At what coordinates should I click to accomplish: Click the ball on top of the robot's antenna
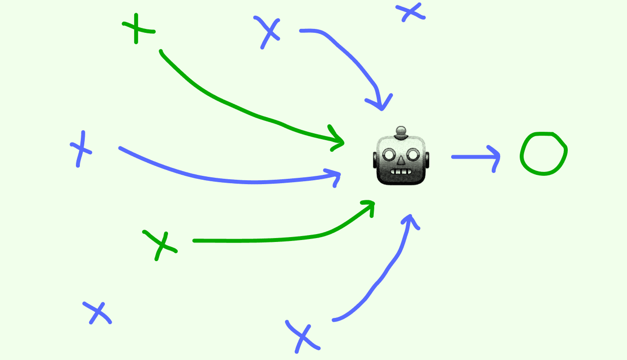tap(401, 131)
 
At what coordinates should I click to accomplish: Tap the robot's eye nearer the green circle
tap(413, 155)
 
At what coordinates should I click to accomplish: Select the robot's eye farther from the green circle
tap(389, 155)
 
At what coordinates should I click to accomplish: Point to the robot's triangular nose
tap(401, 160)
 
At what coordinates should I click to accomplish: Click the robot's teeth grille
tap(401, 171)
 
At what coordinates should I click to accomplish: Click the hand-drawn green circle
tap(543, 153)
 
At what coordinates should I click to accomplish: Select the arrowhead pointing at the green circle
tap(496, 157)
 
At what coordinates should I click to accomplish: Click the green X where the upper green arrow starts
tap(138, 28)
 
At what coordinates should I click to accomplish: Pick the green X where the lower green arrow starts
tap(160, 243)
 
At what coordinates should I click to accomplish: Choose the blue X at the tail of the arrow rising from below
tap(302, 336)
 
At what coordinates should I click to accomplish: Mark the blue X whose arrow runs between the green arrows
tap(80, 148)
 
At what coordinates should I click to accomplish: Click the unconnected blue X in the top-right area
tap(410, 12)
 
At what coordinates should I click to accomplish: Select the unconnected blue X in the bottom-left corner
tap(97, 312)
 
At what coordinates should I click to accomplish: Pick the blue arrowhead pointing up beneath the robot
tap(410, 219)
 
